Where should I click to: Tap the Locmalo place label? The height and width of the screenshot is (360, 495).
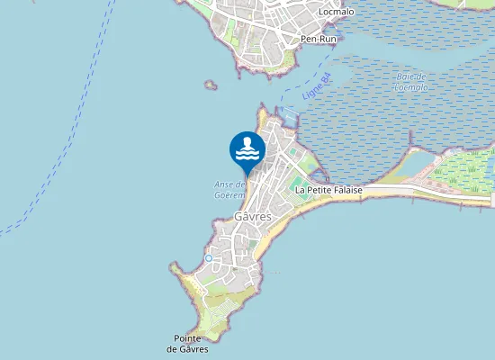[337, 13]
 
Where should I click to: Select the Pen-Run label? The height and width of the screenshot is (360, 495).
[317, 40]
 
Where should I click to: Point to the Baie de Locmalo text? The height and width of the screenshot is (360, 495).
[409, 82]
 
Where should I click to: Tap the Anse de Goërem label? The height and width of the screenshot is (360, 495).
[229, 189]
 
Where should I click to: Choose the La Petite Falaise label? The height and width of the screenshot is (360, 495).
[328, 191]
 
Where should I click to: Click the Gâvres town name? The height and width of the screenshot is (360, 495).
[253, 217]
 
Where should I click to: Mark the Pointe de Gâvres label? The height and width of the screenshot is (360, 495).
[188, 343]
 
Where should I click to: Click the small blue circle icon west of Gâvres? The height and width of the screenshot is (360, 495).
[209, 258]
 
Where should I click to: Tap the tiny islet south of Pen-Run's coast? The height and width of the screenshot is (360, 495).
[211, 85]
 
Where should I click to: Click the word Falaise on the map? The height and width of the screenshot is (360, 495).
[345, 191]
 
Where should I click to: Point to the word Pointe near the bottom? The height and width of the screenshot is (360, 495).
[188, 337]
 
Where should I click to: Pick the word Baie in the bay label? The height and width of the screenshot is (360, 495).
[404, 76]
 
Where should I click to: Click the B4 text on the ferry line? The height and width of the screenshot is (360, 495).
[326, 83]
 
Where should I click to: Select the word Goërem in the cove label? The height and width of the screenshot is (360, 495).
[229, 193]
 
